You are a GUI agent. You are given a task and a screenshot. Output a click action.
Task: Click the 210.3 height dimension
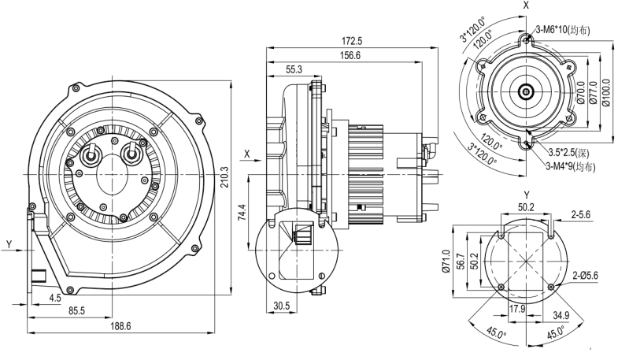(224, 177)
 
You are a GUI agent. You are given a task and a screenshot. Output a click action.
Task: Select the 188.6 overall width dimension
(120, 326)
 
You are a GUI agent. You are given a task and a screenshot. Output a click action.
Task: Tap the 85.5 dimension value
(76, 311)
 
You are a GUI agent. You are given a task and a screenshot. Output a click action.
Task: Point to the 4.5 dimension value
(55, 298)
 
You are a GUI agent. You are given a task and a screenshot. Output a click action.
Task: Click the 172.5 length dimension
(352, 41)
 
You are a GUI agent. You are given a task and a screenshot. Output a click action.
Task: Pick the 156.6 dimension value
(350, 55)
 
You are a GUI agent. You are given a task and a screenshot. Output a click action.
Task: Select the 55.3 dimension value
(294, 69)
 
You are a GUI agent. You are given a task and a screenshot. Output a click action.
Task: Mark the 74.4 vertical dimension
(242, 213)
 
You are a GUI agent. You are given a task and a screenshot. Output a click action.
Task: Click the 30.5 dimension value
(282, 306)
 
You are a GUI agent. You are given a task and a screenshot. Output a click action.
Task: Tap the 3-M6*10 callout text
(563, 30)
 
